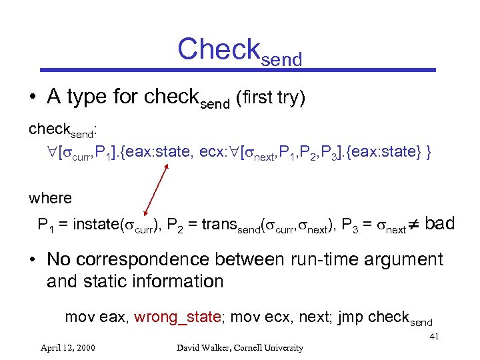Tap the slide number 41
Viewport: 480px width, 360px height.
click(433, 337)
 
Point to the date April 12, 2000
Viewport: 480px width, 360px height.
click(67, 347)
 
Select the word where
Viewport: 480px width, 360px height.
click(50, 198)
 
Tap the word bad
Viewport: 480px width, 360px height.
click(439, 223)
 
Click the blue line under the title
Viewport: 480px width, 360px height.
click(239, 69)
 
